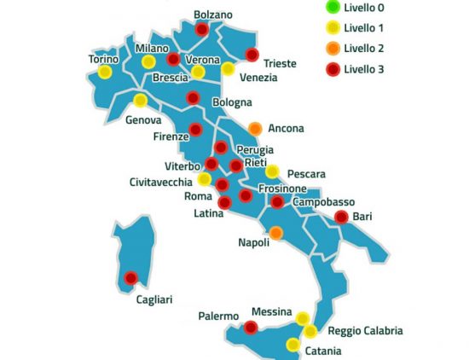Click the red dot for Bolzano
pyautogui.click(x=202, y=29)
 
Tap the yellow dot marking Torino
pyautogui.click(x=105, y=73)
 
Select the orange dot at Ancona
pyautogui.click(x=255, y=129)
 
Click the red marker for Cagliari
pyautogui.click(x=130, y=277)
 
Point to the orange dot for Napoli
pyautogui.click(x=276, y=232)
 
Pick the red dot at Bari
pyautogui.click(x=341, y=217)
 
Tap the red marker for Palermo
pyautogui.click(x=251, y=327)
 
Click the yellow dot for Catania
pyautogui.click(x=293, y=345)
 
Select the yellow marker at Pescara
pyautogui.click(x=272, y=171)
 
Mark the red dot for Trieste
pyautogui.click(x=252, y=55)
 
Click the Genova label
pyautogui.click(x=144, y=120)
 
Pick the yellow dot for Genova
pyautogui.click(x=140, y=102)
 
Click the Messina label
pyautogui.click(x=273, y=312)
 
